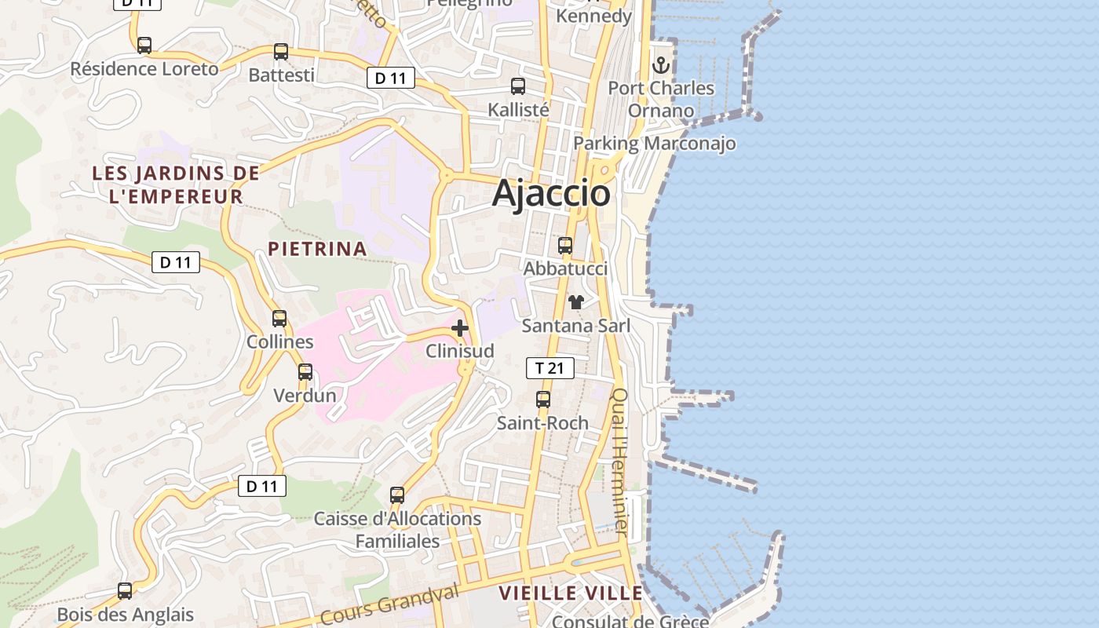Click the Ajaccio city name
coord(551,194)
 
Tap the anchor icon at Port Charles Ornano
coord(661,65)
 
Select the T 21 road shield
coord(549,367)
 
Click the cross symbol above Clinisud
coord(460,328)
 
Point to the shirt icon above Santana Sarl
coord(576,302)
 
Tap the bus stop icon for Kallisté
coord(518,86)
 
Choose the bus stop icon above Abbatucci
coord(565,246)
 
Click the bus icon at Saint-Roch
coord(542,400)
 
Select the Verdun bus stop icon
coord(305,372)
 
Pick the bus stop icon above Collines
coord(279,319)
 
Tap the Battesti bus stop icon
coord(281,52)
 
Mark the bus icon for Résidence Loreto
coord(144,46)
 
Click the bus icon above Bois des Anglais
coord(125,591)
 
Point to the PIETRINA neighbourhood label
coord(317,249)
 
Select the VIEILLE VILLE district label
coord(571,593)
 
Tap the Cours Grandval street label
coord(389,604)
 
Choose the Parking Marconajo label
coord(655,144)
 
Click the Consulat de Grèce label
coord(630,622)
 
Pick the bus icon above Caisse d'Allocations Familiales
coord(397,495)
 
